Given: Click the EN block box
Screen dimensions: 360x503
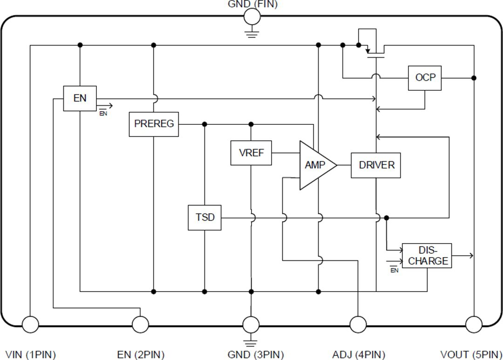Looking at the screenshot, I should tap(80, 98).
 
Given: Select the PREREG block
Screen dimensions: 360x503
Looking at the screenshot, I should tap(154, 124).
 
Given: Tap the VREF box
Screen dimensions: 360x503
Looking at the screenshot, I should tap(251, 153).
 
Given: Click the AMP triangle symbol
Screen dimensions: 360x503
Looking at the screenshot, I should tap(315, 165).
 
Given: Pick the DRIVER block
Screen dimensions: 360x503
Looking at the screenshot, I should tap(376, 165).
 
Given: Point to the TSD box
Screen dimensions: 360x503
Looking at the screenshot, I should tap(204, 217).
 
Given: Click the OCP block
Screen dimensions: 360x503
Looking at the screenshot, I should tap(425, 78).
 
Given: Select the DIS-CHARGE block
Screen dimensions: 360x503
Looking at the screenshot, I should tap(427, 256).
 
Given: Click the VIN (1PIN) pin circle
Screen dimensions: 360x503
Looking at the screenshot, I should tap(30, 324).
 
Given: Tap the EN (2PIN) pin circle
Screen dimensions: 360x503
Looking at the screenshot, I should tap(141, 324).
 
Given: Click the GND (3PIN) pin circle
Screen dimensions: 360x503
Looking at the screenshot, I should tap(251, 324).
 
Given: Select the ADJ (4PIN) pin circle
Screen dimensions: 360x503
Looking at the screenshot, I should tap(358, 324).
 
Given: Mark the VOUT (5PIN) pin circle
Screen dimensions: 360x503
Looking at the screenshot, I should tap(474, 324).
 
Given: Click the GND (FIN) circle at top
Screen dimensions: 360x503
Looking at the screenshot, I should tap(252, 17).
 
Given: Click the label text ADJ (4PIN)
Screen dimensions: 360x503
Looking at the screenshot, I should tap(359, 354).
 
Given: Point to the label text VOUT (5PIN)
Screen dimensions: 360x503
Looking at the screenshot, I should tap(471, 354).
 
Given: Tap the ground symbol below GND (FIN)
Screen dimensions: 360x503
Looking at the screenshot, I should tap(252, 33).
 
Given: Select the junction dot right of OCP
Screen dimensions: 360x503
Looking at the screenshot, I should tap(474, 78).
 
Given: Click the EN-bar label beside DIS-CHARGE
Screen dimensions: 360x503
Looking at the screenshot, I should tap(394, 270).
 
